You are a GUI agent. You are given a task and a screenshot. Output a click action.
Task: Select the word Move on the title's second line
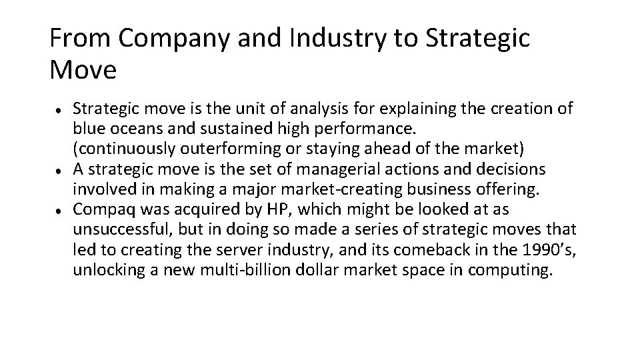pos(83,69)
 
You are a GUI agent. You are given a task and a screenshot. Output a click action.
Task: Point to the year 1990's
pos(537,252)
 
